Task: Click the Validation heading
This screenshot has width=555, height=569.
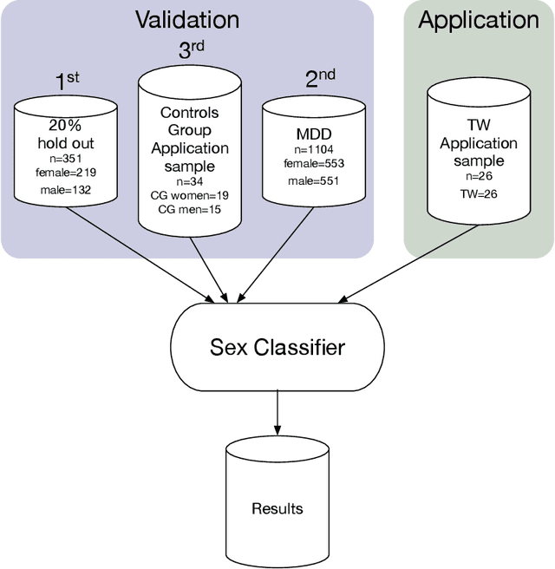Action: click(x=187, y=19)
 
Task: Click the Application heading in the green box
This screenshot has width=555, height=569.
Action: click(x=478, y=20)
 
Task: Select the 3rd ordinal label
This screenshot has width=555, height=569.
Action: click(x=190, y=49)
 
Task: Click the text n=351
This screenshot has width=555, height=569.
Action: click(x=65, y=158)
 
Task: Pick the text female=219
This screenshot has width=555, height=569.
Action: click(x=65, y=173)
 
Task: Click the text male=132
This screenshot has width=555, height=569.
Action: click(x=65, y=188)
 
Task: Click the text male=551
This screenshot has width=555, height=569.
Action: click(x=307, y=180)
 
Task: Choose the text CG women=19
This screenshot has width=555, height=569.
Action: click(x=189, y=195)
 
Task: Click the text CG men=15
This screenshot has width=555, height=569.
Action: click(x=189, y=209)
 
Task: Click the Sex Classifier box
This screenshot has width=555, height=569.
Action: click(x=277, y=349)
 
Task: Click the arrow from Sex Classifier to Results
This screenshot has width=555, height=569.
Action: click(x=277, y=413)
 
